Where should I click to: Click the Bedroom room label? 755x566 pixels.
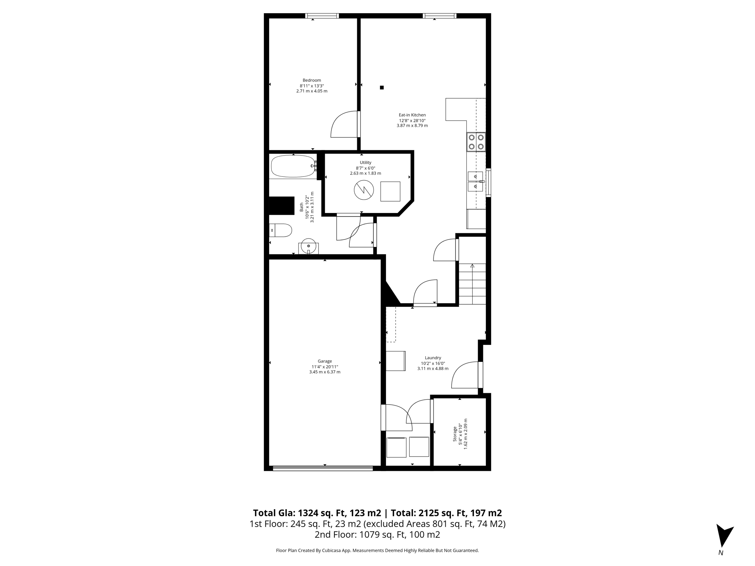(x=312, y=80)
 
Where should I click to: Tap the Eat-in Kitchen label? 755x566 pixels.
(x=412, y=115)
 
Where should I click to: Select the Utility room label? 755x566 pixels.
(x=365, y=163)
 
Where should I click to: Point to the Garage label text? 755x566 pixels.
(x=325, y=361)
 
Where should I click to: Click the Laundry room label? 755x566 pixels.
(x=433, y=358)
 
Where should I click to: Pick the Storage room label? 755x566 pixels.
(x=455, y=434)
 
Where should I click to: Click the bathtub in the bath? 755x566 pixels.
(x=293, y=166)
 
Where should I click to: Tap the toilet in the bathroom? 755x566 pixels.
(x=281, y=230)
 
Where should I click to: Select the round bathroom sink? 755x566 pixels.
(x=308, y=245)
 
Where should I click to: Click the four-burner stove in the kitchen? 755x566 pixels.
(x=476, y=142)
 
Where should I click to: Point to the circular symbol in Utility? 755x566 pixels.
(x=364, y=190)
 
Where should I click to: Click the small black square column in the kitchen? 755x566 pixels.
(x=382, y=88)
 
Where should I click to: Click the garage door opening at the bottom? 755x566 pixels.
(x=323, y=468)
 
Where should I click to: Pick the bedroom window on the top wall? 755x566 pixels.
(x=322, y=16)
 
